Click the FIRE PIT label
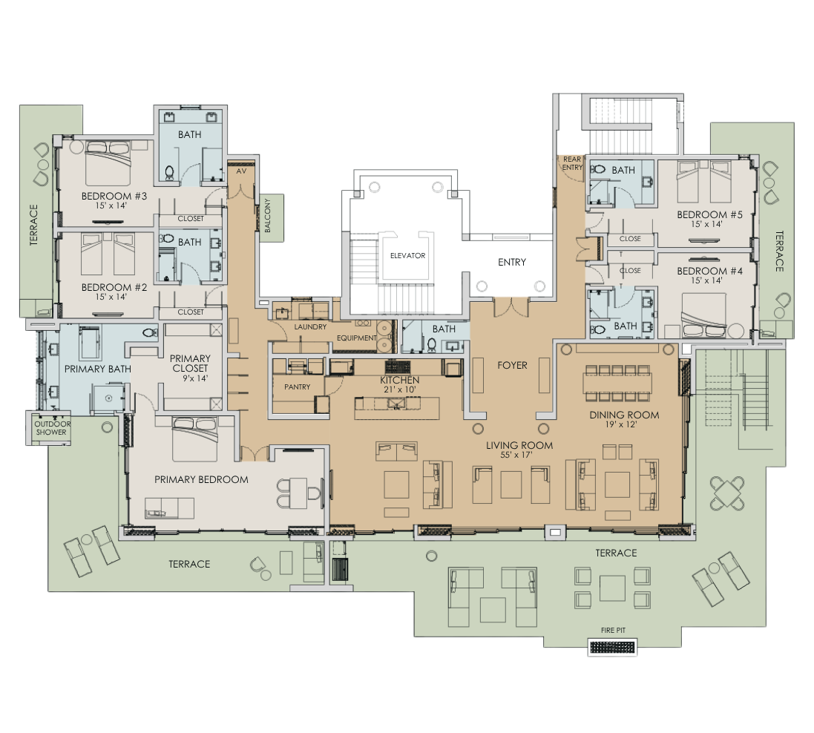point(613,630)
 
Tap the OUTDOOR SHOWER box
point(50,428)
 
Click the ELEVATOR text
point(407,255)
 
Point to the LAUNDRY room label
point(310,326)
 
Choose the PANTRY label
point(297,387)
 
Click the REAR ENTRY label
point(571,163)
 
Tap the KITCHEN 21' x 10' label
point(399,385)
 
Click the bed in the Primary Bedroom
point(195,442)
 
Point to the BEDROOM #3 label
point(114,200)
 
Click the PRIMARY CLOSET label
point(190,368)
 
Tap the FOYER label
point(512,365)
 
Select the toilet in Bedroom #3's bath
point(169,174)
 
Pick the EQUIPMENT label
point(357,338)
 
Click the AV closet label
point(240,171)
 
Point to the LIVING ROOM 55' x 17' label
point(519,450)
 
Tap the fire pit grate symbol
point(613,648)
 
